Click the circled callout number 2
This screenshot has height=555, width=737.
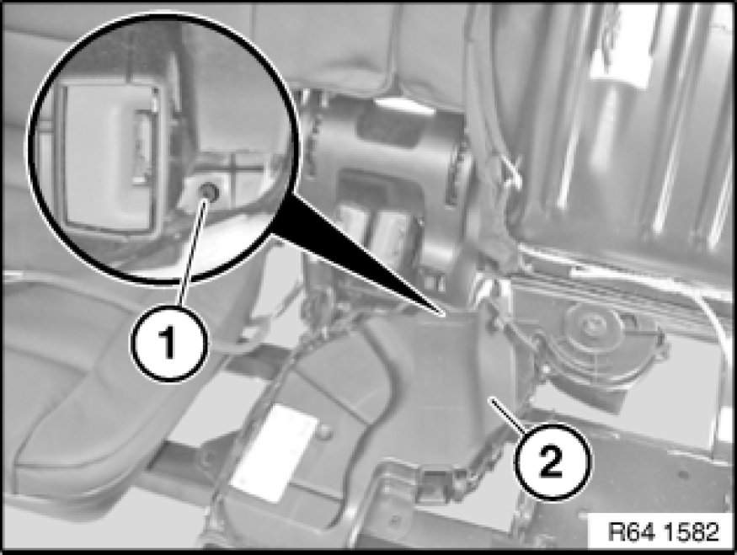[x=551, y=460]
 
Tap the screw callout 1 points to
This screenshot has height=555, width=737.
[x=207, y=191]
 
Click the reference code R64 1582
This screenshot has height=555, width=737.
[x=663, y=532]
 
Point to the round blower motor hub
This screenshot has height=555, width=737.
[x=588, y=323]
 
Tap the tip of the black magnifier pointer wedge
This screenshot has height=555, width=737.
[x=442, y=314]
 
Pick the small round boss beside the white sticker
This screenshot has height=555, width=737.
[x=323, y=432]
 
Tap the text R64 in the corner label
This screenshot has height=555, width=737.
[x=631, y=532]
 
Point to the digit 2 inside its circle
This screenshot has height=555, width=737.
[x=551, y=461]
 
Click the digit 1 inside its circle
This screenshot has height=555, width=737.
[x=168, y=343]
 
